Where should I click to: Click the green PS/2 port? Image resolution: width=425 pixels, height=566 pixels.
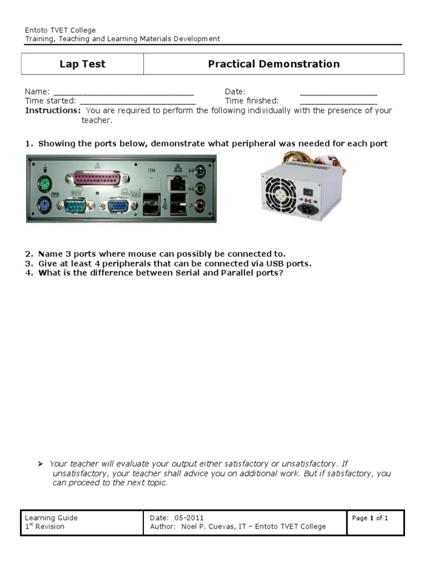43,184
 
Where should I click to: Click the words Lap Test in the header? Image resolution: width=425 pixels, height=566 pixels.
82,64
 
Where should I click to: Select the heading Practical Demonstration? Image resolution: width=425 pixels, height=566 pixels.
274,64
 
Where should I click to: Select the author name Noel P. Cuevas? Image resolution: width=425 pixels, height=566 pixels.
206,527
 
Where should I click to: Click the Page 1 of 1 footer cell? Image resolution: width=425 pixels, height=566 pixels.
370,518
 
